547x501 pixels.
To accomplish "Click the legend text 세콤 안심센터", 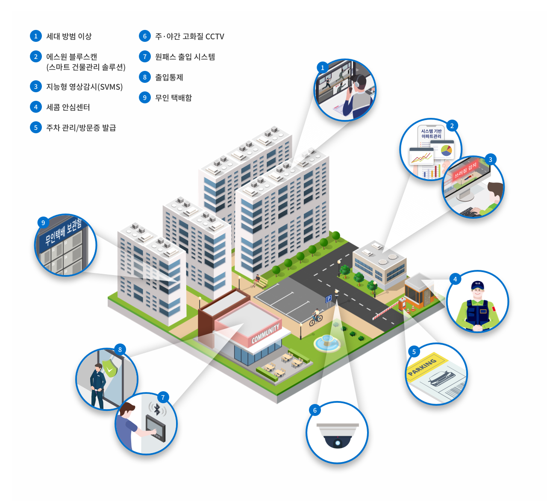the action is (x=68, y=107).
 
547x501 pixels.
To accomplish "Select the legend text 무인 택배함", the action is (x=174, y=97).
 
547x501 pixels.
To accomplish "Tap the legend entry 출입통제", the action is (x=169, y=77).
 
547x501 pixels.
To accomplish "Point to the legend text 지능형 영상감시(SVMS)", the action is (x=84, y=87).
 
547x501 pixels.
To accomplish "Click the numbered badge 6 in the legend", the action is (x=144, y=36).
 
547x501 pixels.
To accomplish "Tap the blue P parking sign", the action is (x=329, y=299).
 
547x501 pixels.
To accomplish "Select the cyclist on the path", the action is (x=316, y=317).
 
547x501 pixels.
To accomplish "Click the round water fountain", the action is (x=327, y=343).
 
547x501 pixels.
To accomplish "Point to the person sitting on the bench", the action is (x=257, y=280).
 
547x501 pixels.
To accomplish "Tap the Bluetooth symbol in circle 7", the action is (x=157, y=409).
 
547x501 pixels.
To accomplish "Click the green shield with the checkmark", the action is (x=110, y=368).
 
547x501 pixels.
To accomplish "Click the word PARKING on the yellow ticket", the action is (x=422, y=367).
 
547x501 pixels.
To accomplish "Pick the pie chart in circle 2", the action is (x=447, y=150).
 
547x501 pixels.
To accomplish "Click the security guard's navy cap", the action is (x=477, y=285).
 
